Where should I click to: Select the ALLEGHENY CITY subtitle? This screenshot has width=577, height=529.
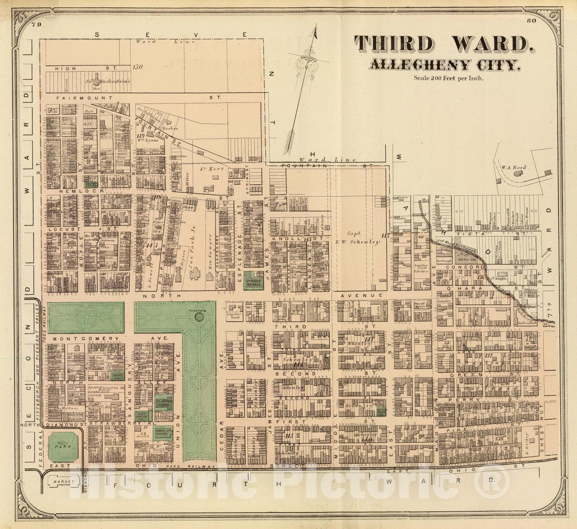coord(444,65)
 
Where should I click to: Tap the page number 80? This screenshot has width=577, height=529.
coord(531,21)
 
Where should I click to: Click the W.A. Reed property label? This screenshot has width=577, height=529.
coord(514,168)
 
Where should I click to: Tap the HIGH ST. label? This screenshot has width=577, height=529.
coord(66,68)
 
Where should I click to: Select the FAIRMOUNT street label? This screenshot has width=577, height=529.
coord(77,98)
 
